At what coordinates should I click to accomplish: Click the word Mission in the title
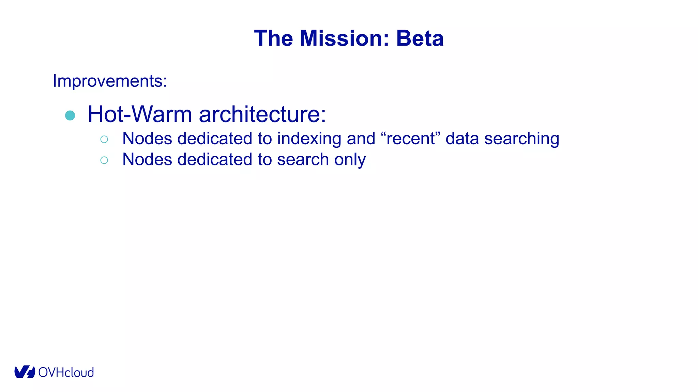(344, 38)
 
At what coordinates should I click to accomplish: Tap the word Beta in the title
(420, 38)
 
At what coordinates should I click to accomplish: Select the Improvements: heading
(110, 81)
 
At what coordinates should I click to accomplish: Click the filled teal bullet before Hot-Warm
(70, 115)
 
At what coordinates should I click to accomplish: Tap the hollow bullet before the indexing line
(104, 139)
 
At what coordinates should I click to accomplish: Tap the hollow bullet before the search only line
(104, 160)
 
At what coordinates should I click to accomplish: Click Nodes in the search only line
(147, 160)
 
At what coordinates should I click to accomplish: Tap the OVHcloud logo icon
(25, 372)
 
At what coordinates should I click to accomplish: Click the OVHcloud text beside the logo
(66, 373)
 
